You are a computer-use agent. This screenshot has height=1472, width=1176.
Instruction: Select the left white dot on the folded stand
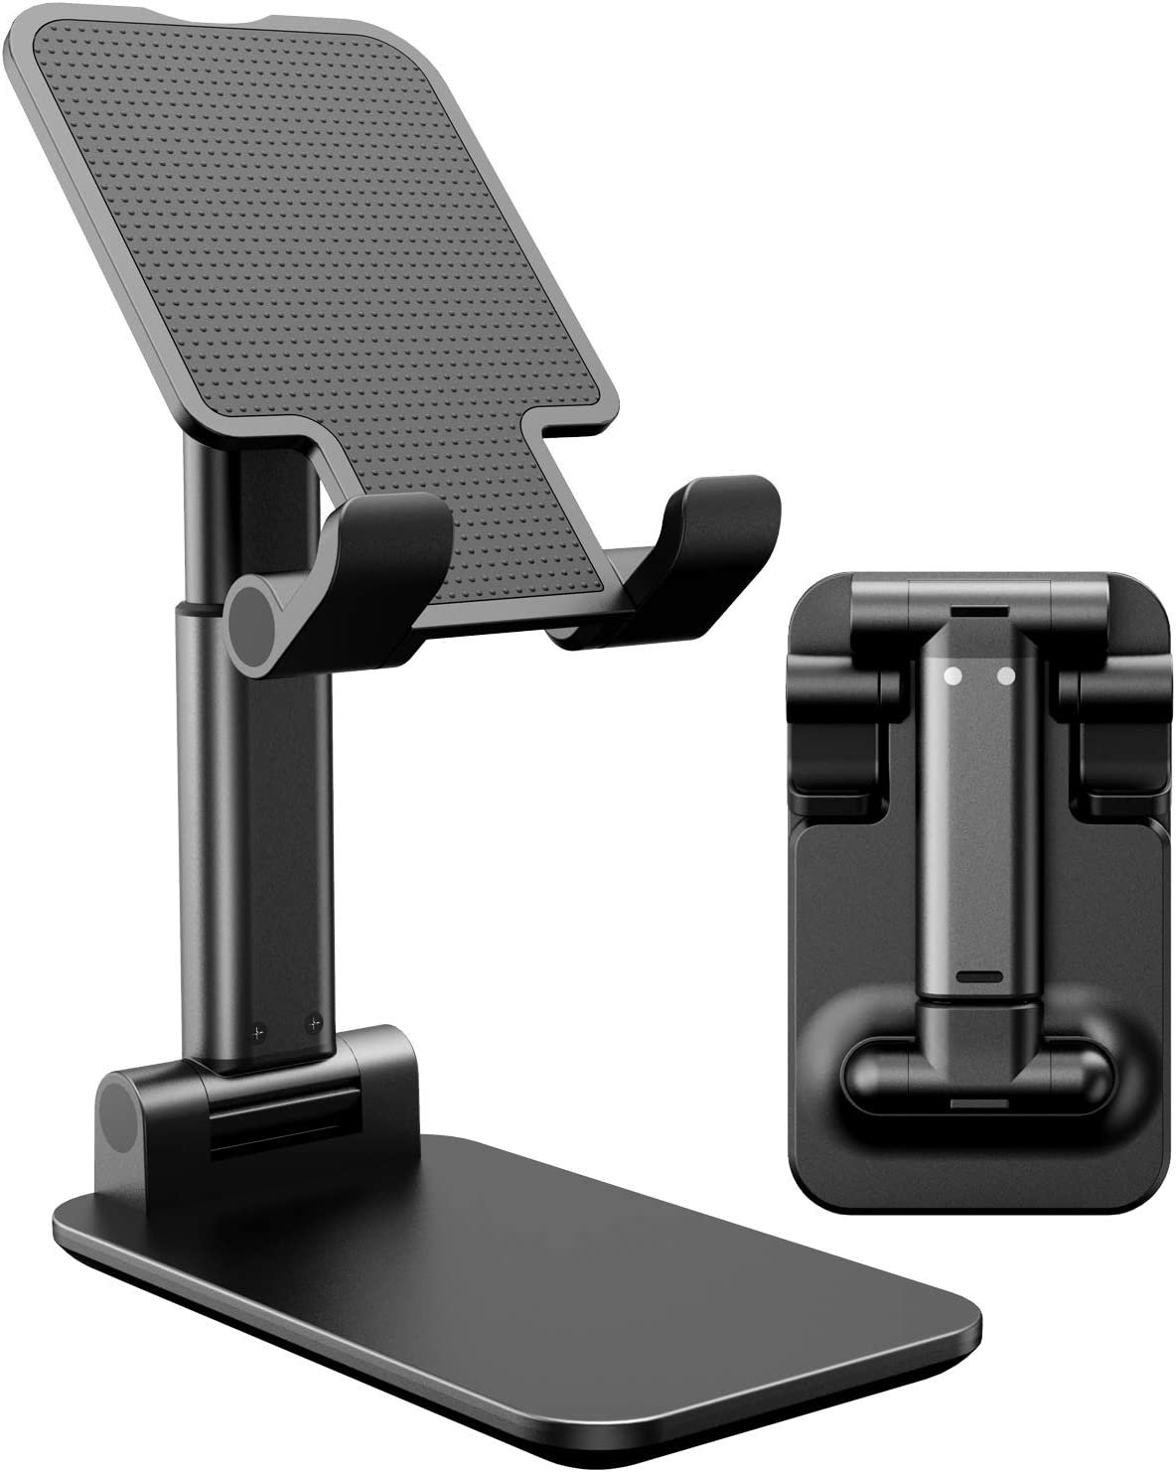point(953,675)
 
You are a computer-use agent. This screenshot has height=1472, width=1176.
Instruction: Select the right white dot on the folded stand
point(1007,675)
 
